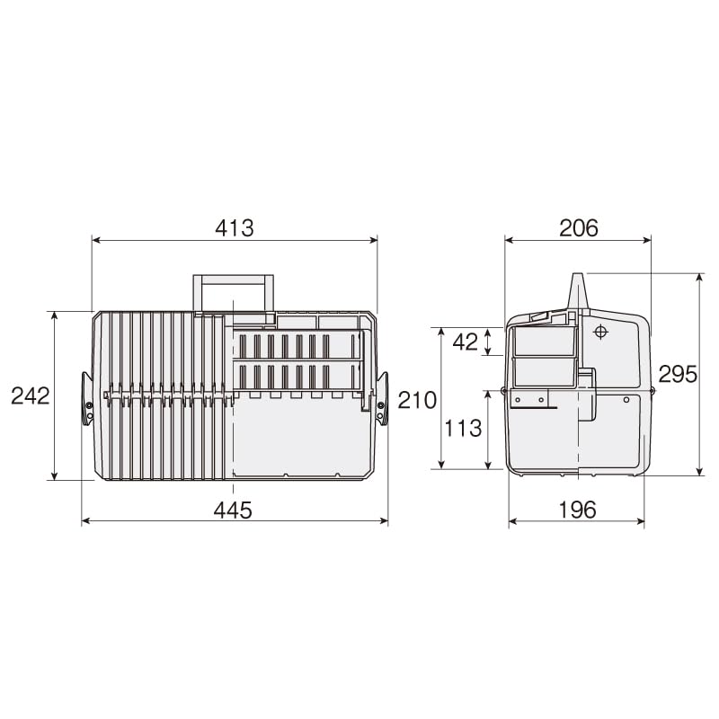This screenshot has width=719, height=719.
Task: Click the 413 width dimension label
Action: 235,228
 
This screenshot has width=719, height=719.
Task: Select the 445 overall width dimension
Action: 233,510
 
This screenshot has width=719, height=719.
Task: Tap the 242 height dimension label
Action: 30,395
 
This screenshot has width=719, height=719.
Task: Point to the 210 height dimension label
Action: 417,400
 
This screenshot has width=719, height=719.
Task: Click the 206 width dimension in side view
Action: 578,228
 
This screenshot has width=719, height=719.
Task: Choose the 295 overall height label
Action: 678,374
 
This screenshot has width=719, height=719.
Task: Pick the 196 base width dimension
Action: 576,510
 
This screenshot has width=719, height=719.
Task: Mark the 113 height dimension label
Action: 463,429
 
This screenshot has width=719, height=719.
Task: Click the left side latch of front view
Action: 87,397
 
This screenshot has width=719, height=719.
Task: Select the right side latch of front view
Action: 382,397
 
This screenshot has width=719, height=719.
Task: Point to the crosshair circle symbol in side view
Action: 601,332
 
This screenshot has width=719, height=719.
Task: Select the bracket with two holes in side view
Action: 529,398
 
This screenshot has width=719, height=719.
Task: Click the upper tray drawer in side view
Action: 543,342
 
